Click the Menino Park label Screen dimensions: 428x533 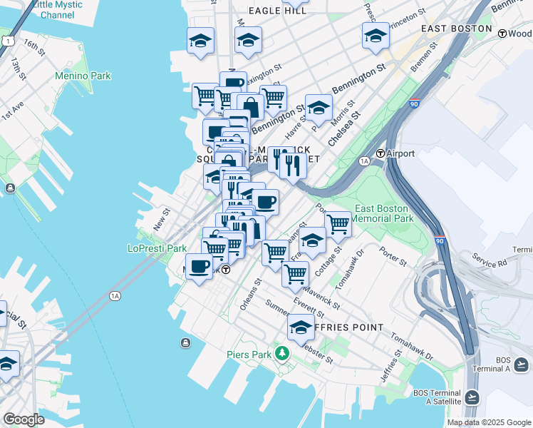(84, 75)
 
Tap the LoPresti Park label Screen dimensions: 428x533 (157, 248)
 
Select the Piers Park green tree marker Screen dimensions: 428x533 (283, 352)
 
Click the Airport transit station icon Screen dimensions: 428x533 (381, 153)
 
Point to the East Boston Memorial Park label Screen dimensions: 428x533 (383, 213)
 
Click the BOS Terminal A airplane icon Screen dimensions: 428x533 (522, 365)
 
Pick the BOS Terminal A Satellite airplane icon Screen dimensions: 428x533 (472, 397)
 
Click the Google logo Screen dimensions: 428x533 (24, 419)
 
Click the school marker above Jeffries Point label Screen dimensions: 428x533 (301, 327)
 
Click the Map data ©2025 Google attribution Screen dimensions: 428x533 (488, 422)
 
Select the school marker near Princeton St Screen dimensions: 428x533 (376, 35)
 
